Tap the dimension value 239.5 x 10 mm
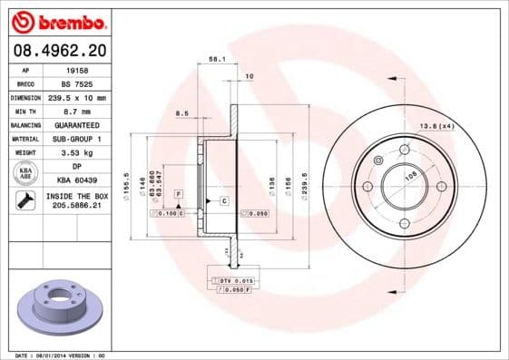(x=77, y=96)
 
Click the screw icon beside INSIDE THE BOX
(x=24, y=201)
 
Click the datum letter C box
(x=222, y=199)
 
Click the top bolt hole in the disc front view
(x=403, y=150)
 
